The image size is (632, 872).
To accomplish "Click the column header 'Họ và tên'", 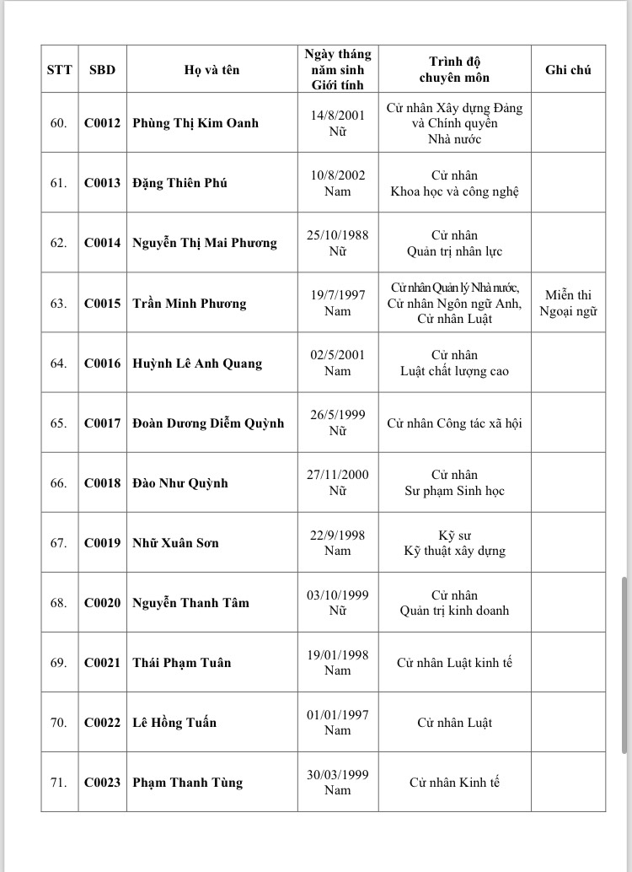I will point(212,70).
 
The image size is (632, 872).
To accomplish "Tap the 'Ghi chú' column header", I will point(568,70).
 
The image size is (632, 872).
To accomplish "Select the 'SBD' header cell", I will point(102,70).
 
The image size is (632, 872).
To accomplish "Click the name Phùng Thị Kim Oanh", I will point(195,123).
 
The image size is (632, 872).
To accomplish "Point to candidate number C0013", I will point(102,183).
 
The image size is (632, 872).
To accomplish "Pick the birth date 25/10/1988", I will point(337,235).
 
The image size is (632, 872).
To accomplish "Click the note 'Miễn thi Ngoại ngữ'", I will point(568,303).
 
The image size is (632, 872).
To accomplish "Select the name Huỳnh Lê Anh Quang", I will point(197,363).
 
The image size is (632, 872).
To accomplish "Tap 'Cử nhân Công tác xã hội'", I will point(454,423).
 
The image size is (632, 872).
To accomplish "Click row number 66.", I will point(58,483).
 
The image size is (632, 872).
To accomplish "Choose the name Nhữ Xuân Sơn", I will point(175,543).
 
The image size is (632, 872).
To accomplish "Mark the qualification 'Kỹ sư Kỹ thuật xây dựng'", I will point(454,543).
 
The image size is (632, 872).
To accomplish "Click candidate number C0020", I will point(102,603).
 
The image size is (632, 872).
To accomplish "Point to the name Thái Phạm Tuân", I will point(182,663).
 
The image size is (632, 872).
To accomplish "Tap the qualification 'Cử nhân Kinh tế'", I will point(454,783).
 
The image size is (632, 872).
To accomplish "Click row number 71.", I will point(58,783).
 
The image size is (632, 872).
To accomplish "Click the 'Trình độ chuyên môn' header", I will point(454,70).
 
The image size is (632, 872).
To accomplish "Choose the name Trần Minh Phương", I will point(190,304).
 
